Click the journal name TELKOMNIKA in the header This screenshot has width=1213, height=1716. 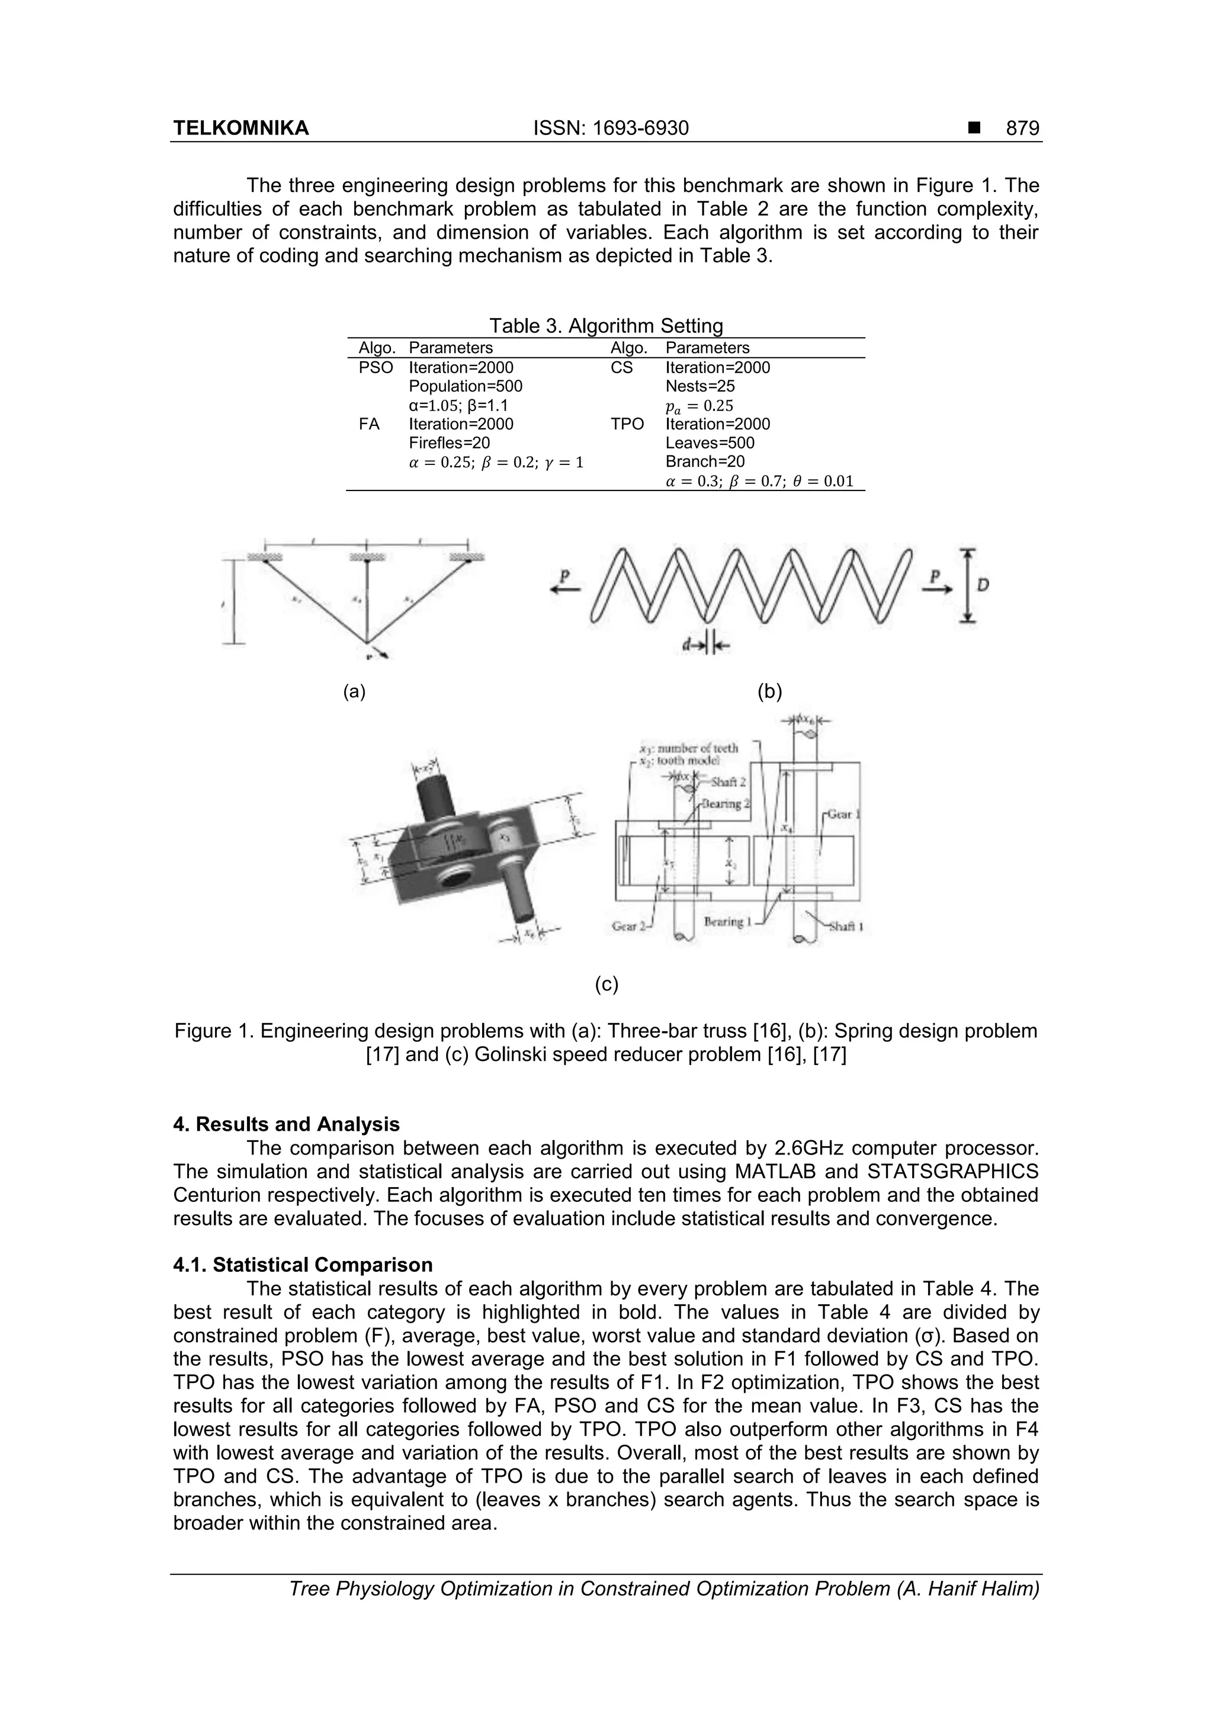click(x=240, y=129)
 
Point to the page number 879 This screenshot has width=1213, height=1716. click(x=1022, y=129)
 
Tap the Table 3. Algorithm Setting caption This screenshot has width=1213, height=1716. click(x=605, y=326)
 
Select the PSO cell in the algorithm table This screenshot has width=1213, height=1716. click(x=376, y=368)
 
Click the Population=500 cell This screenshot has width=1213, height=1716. click(x=466, y=386)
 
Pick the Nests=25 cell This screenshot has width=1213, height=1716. click(x=699, y=386)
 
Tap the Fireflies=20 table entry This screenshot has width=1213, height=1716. click(x=449, y=443)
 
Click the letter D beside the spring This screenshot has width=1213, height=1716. click(x=984, y=585)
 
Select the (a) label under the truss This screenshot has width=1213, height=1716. click(x=354, y=691)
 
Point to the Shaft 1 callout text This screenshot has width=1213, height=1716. click(x=848, y=927)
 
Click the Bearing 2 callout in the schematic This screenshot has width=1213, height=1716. click(x=721, y=804)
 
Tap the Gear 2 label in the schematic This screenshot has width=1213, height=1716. click(x=628, y=926)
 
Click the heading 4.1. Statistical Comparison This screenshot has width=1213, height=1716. click(x=303, y=1265)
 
